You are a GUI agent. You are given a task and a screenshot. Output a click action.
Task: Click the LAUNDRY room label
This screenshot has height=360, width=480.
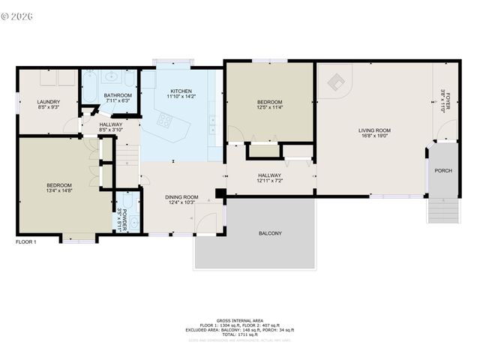click(x=48, y=102)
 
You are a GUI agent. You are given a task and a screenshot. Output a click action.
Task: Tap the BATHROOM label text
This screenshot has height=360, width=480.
click(x=118, y=95)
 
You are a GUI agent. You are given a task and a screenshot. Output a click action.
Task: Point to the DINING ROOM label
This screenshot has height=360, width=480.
click(x=181, y=196)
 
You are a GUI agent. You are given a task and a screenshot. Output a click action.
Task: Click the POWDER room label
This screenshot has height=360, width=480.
click(x=124, y=216)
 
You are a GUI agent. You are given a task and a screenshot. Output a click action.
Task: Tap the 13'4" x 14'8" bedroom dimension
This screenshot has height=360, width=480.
click(x=59, y=192)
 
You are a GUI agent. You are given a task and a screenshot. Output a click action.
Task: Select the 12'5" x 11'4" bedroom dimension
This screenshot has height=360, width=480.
click(x=269, y=108)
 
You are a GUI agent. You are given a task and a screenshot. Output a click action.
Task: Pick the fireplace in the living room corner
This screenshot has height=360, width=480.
click(x=335, y=79)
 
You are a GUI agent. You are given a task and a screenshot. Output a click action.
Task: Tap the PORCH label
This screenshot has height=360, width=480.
click(x=443, y=170)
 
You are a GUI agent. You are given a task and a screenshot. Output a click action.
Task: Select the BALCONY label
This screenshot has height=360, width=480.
click(x=270, y=233)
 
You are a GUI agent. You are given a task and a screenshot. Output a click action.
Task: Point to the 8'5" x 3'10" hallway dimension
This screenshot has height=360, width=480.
click(x=112, y=130)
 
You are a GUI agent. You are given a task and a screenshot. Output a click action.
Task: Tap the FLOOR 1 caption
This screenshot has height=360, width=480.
click(x=25, y=241)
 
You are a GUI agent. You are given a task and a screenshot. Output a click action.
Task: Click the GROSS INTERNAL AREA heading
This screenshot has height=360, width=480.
click(x=240, y=319)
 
